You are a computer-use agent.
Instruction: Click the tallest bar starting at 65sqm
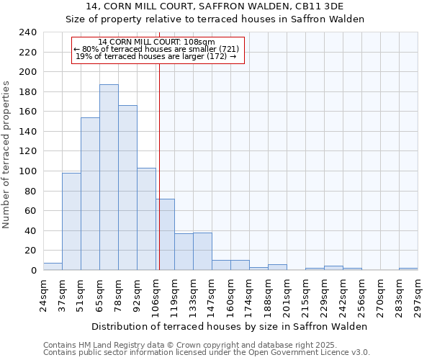coord(109,177)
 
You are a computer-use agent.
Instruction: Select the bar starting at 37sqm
coord(71,221)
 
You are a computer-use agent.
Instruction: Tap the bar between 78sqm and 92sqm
coord(127,188)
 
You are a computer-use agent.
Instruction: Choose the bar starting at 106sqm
coord(165,234)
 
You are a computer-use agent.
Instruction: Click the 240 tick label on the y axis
coord(27,32)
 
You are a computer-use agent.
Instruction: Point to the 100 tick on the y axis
coord(27,171)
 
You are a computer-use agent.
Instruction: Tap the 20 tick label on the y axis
coord(30,251)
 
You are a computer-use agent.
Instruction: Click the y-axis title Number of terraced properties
coord(7,154)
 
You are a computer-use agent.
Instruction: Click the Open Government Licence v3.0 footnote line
coord(207,353)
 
